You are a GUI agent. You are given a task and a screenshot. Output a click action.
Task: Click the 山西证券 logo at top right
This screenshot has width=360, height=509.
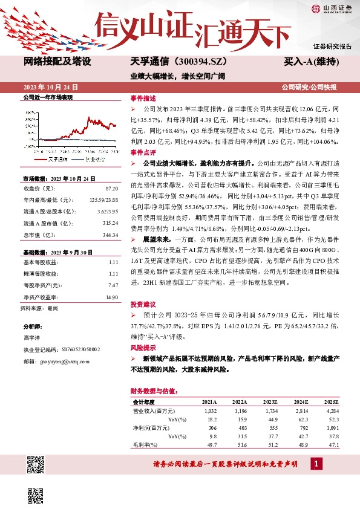coord(332,8)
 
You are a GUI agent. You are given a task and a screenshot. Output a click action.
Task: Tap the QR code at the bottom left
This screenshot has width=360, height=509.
coord(35,465)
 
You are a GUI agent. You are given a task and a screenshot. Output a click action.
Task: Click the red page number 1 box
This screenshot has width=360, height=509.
coord(316,464)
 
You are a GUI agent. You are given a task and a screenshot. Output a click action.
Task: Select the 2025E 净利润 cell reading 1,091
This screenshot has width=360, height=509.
coord(332,427)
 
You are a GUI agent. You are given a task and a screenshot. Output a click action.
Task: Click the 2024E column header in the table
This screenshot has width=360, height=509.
coord(301,402)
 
